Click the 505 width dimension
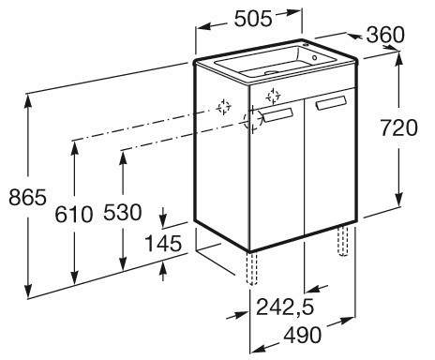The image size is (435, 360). (x=253, y=19)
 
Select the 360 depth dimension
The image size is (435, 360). (x=385, y=35)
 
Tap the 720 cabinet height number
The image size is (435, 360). (x=399, y=127)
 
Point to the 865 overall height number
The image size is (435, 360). (x=27, y=197)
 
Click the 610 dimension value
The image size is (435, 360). (x=74, y=214)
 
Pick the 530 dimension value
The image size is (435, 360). (x=123, y=212)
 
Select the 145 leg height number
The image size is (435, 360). (x=163, y=244)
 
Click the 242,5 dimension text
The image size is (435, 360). (x=285, y=307)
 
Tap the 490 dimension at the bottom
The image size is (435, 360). (x=302, y=335)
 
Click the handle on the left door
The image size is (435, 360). (x=277, y=114)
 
